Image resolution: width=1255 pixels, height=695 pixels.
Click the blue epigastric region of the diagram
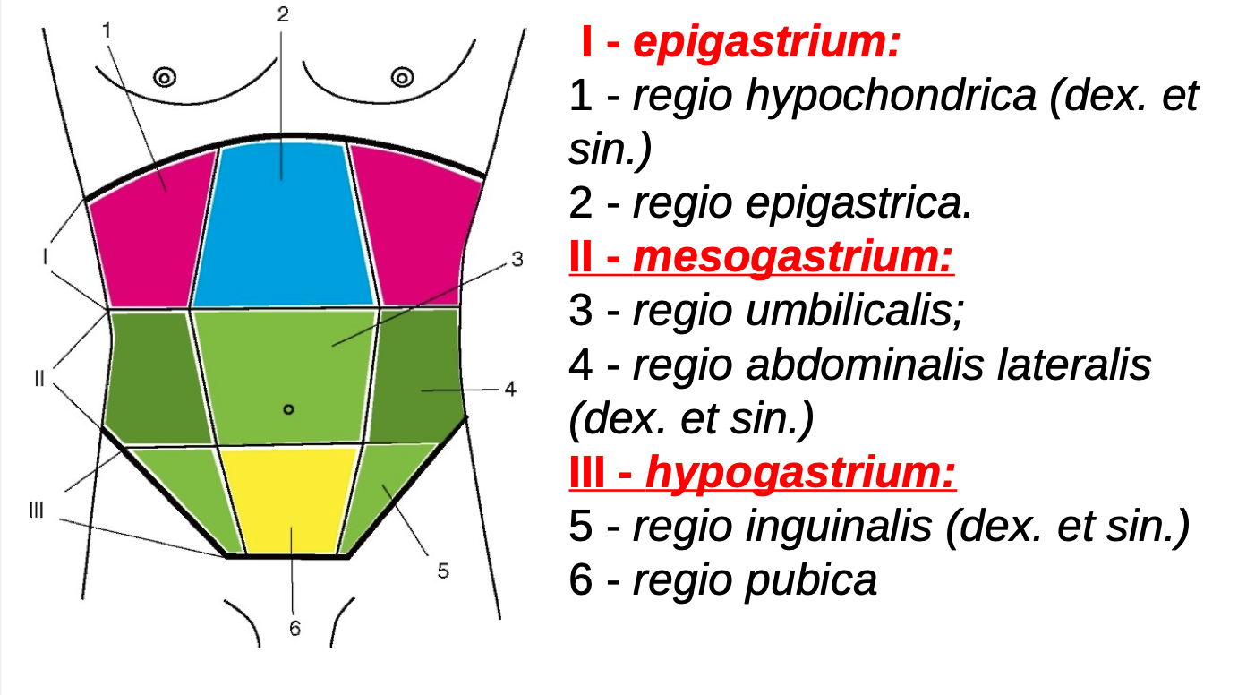[x=282, y=233]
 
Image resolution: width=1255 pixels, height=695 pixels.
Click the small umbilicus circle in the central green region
[x=287, y=409]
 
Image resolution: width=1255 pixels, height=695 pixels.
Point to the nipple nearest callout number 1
[x=164, y=77]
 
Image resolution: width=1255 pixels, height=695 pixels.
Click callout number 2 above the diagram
[x=282, y=13]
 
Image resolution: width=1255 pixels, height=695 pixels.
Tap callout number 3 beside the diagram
[x=517, y=260]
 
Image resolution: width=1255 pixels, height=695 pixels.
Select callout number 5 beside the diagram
[x=442, y=571]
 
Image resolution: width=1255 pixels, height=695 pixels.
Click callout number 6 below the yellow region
[x=295, y=629]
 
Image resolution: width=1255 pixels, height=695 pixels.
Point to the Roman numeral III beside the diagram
[x=36, y=511]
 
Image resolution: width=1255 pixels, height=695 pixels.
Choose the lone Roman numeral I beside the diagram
[x=44, y=257]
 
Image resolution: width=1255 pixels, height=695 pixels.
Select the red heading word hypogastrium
[x=800, y=473]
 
